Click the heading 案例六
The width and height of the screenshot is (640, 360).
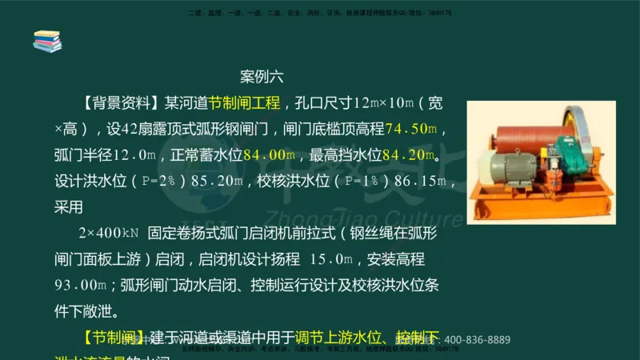[x=262, y=78]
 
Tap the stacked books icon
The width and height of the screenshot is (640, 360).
[x=47, y=41]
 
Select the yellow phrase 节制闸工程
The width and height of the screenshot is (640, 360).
[x=244, y=103]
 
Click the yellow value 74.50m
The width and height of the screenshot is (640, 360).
[x=410, y=129]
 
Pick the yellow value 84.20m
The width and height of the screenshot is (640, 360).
[x=414, y=154]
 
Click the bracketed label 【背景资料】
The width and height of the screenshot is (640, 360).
[x=121, y=103]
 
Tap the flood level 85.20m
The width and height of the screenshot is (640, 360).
[x=214, y=181]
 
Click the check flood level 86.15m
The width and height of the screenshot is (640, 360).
[x=432, y=181]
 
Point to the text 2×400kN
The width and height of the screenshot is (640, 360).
[x=109, y=233]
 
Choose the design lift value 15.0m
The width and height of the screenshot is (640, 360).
[x=330, y=259]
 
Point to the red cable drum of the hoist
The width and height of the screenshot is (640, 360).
[x=528, y=130]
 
